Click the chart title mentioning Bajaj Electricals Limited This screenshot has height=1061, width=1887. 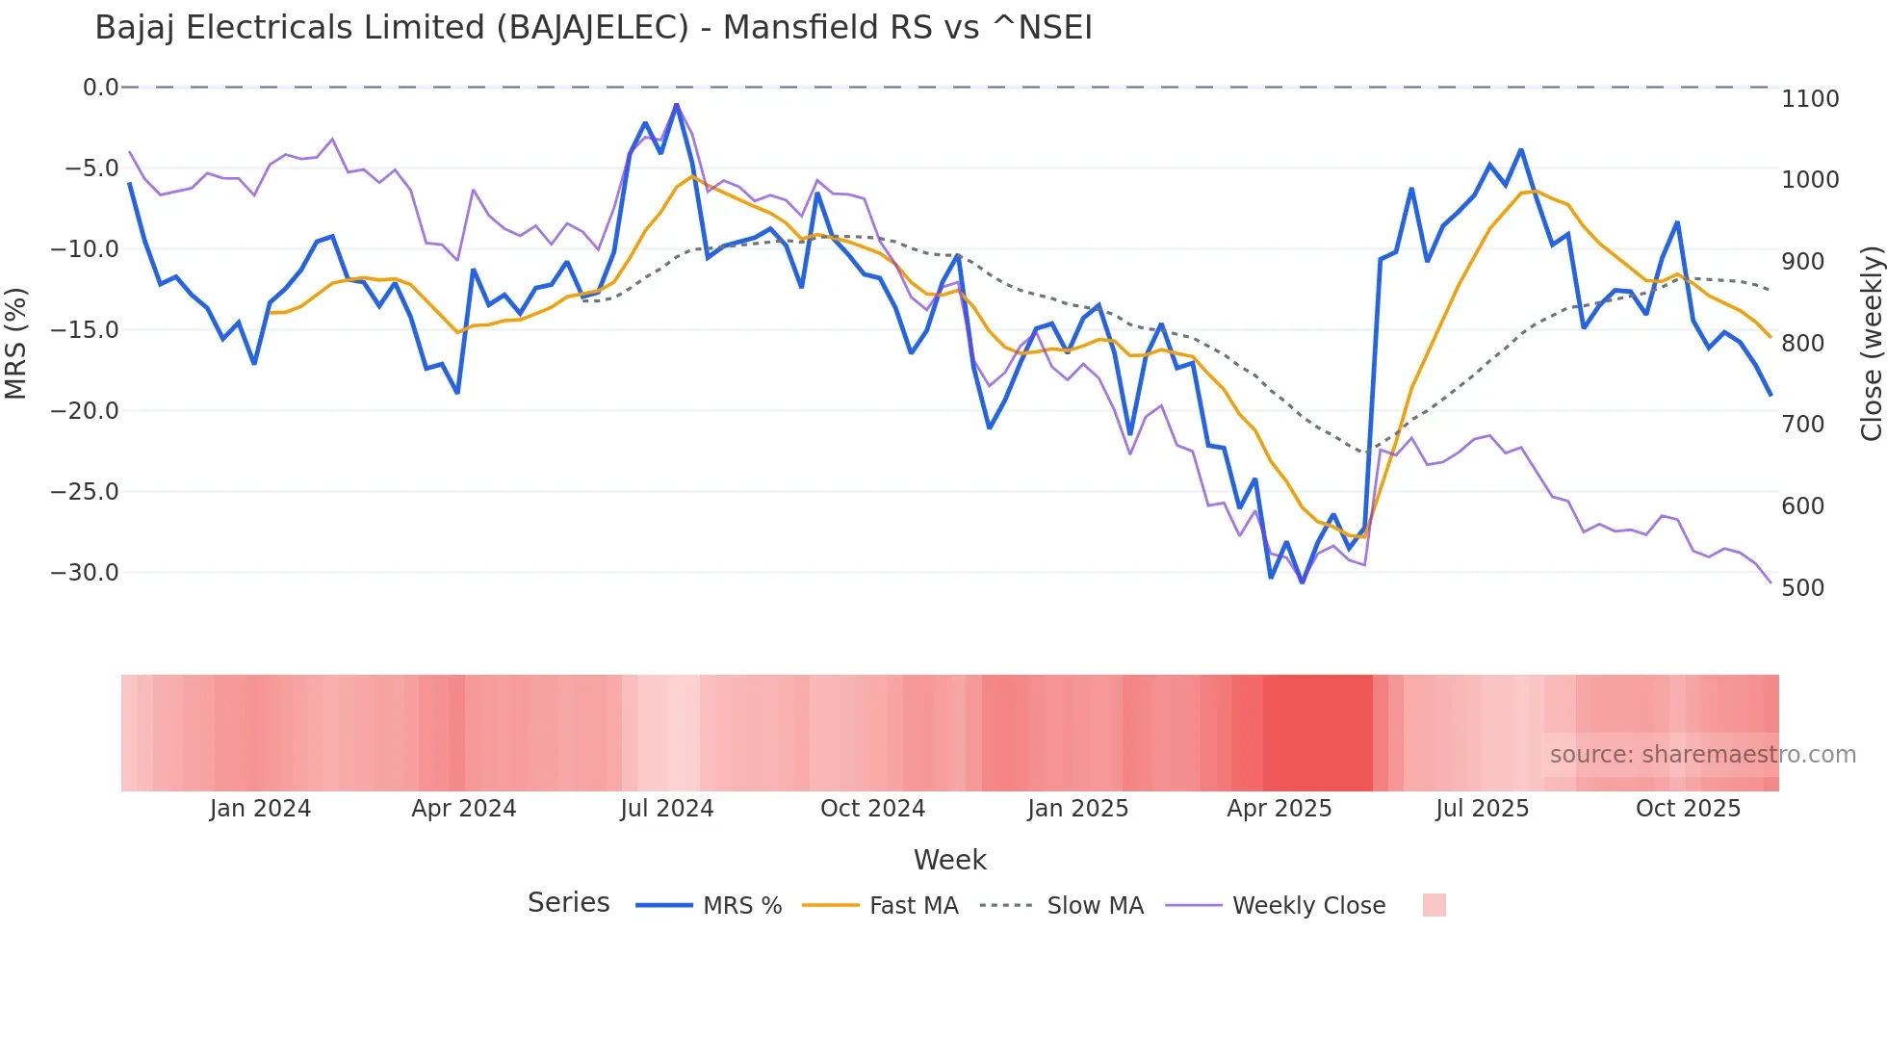(x=593, y=28)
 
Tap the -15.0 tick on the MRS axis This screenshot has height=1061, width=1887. (x=85, y=330)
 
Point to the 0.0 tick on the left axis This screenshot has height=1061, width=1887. (x=100, y=88)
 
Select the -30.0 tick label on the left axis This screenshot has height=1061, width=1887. (x=85, y=573)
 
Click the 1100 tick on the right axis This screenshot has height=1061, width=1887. (x=1810, y=99)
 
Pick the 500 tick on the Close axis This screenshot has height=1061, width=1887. (x=1802, y=588)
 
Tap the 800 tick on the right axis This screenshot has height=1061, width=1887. (x=1802, y=344)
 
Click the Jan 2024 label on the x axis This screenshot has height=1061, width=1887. (x=260, y=809)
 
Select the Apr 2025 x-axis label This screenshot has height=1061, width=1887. (x=1279, y=809)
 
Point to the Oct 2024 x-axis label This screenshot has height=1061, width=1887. (x=872, y=809)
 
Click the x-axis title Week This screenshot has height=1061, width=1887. (x=949, y=860)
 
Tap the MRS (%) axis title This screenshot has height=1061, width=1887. (x=16, y=343)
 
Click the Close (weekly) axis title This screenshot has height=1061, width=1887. (x=1871, y=343)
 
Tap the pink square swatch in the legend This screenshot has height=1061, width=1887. (x=1434, y=905)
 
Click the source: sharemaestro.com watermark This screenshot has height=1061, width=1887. (x=1702, y=755)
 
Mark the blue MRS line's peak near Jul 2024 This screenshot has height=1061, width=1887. (x=677, y=105)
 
